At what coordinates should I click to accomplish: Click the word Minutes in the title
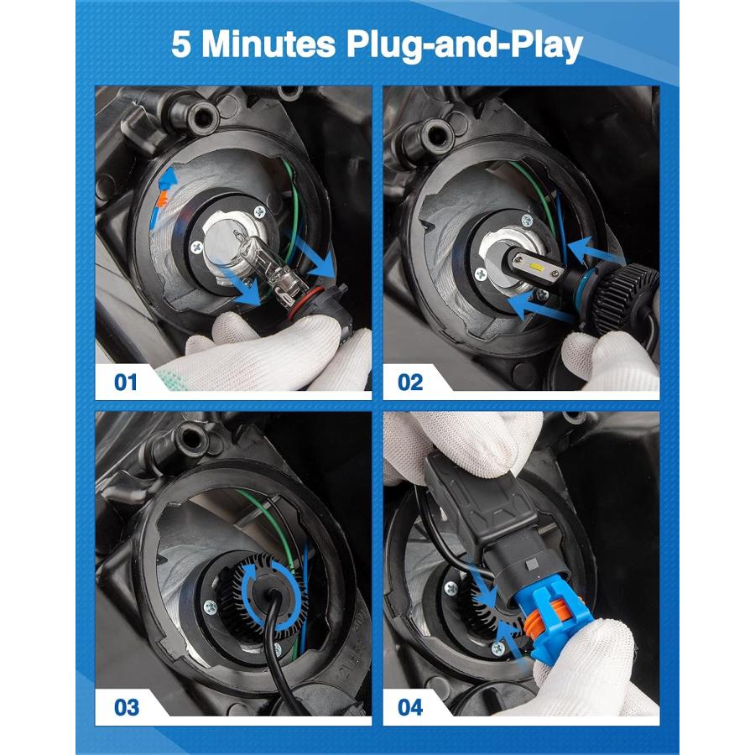pos(268,44)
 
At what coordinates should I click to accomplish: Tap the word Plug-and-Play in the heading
pos(464,46)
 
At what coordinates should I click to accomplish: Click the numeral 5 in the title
pos(180,44)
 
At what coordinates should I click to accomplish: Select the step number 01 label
pos(125,383)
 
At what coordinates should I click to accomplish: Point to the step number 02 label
pos(409,383)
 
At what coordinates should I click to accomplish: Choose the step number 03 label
pos(126,707)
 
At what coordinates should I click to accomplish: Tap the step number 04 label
pos(410,707)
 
